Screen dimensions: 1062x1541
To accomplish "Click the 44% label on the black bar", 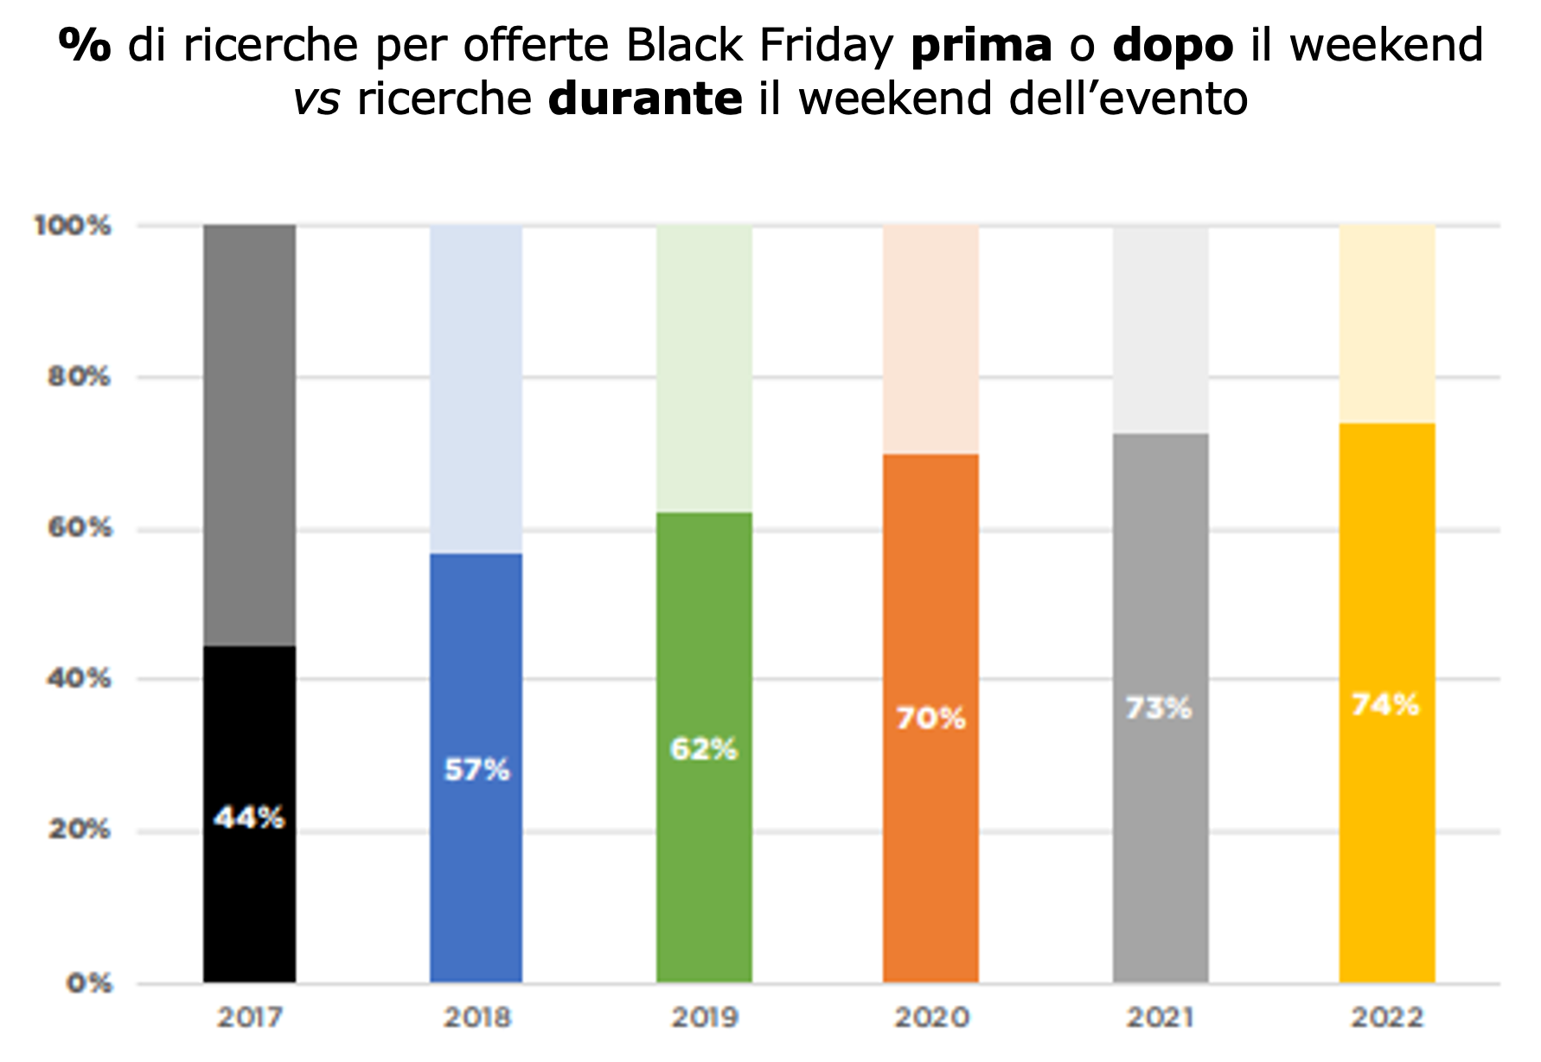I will [249, 817].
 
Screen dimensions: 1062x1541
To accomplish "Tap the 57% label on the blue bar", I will [477, 769].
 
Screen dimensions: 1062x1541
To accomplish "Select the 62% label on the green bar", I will [704, 749].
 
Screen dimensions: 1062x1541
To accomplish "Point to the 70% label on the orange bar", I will [930, 718].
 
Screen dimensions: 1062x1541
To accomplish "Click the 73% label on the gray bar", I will [1159, 708].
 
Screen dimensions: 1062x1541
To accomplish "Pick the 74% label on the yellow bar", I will [1385, 705].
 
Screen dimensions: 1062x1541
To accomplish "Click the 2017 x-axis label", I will [249, 1017].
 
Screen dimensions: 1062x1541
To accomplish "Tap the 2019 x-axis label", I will [704, 1017].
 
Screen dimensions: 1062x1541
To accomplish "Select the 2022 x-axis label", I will [1387, 1017].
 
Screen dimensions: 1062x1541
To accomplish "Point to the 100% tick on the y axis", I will [73, 226].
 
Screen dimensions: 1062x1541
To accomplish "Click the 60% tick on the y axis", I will [80, 528].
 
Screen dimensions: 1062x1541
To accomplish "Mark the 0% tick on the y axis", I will [89, 983].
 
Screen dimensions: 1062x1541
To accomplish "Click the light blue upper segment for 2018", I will [476, 389].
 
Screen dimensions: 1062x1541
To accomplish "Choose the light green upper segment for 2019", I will [704, 368].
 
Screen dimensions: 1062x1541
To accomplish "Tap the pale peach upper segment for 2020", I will [930, 339].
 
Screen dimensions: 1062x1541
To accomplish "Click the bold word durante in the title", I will [645, 99].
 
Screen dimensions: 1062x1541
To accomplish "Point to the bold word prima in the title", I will [982, 45].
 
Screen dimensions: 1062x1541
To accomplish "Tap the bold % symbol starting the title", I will [84, 45].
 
